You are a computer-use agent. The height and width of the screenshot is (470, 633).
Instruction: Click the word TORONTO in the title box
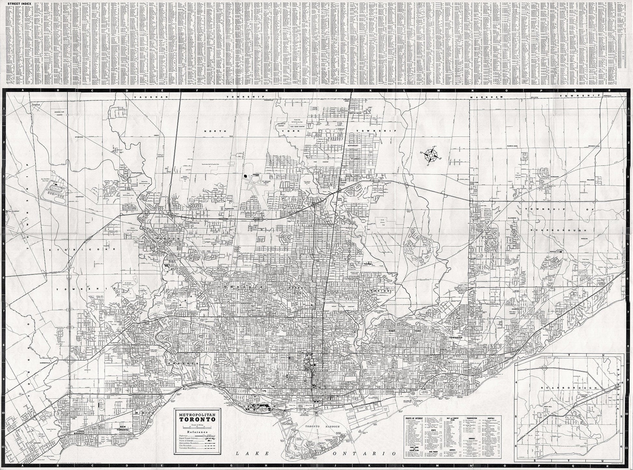pos(197,419)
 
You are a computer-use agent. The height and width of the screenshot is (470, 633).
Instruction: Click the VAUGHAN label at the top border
pos(145,97)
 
